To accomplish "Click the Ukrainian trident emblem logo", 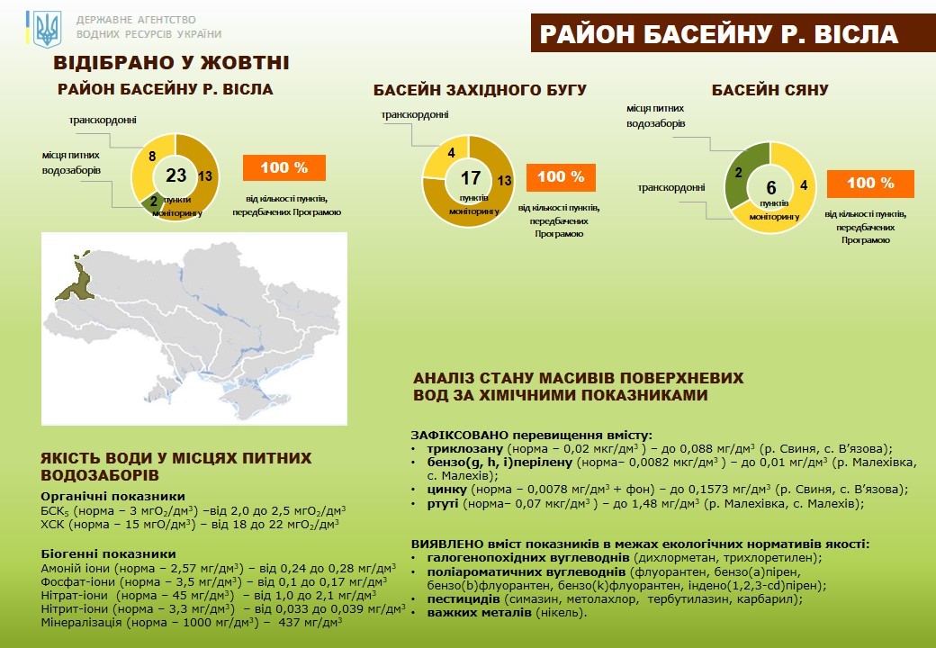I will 45,29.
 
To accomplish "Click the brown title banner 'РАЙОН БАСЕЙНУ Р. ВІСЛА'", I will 718,34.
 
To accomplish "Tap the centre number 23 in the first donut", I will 175,175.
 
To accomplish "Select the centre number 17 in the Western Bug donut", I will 470,177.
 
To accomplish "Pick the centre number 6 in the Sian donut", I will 770,187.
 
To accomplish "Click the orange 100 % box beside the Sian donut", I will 869,184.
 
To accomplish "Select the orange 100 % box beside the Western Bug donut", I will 561,177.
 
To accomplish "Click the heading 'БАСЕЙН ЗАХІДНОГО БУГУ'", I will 480,90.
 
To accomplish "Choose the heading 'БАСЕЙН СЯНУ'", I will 769,90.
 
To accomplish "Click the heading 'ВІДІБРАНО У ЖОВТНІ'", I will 171,63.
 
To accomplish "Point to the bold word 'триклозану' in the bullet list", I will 459,448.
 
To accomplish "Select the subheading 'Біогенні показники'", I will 109,553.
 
